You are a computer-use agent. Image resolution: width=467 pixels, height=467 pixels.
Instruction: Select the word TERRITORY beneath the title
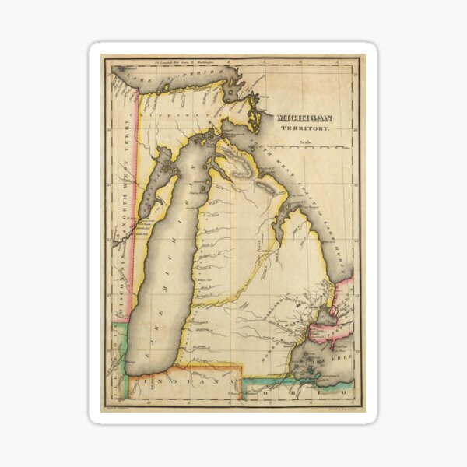point(311,129)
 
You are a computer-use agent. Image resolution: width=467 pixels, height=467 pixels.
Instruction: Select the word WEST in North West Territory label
point(121,183)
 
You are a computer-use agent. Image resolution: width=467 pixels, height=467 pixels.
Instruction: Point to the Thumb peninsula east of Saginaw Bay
point(315,249)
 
